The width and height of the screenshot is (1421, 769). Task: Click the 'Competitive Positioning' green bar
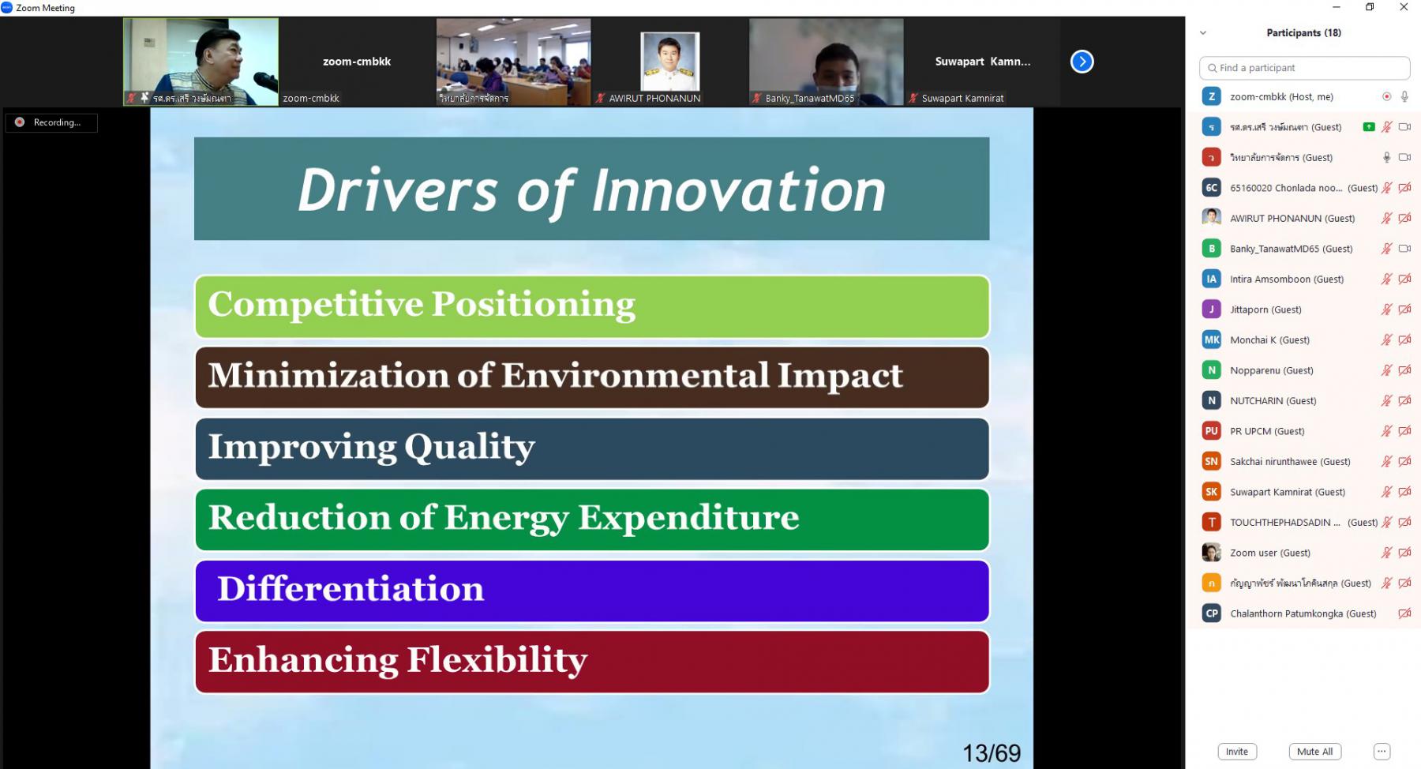click(591, 306)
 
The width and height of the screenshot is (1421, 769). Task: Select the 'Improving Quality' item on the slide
click(591, 448)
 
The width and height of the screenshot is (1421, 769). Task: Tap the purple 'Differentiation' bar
click(591, 591)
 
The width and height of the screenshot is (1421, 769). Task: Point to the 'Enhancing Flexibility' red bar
click(591, 662)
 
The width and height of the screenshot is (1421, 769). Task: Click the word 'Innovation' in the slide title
click(739, 190)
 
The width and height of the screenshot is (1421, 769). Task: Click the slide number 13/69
click(992, 753)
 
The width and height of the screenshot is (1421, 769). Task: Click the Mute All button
click(1314, 752)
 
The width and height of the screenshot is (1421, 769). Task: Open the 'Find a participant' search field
click(1304, 68)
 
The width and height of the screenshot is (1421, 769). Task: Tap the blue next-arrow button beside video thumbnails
click(1082, 62)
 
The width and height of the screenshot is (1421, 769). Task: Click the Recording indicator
click(51, 122)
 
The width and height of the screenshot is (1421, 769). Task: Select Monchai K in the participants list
click(1269, 340)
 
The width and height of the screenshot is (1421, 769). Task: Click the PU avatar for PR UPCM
click(1211, 431)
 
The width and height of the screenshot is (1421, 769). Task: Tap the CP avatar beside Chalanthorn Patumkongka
click(1211, 613)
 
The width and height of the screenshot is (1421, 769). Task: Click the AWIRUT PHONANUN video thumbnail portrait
click(669, 62)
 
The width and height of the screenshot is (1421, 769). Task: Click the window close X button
click(1403, 7)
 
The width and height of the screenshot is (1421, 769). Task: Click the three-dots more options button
click(1382, 752)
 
